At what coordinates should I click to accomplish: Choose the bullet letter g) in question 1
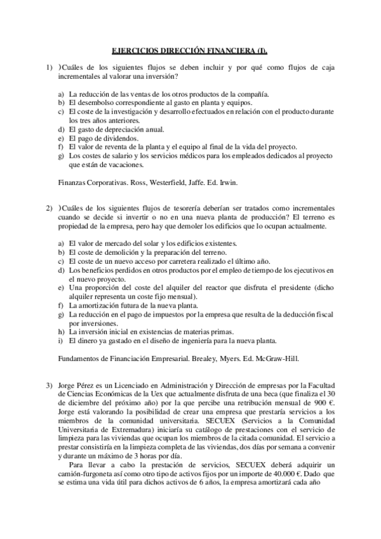point(61,155)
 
